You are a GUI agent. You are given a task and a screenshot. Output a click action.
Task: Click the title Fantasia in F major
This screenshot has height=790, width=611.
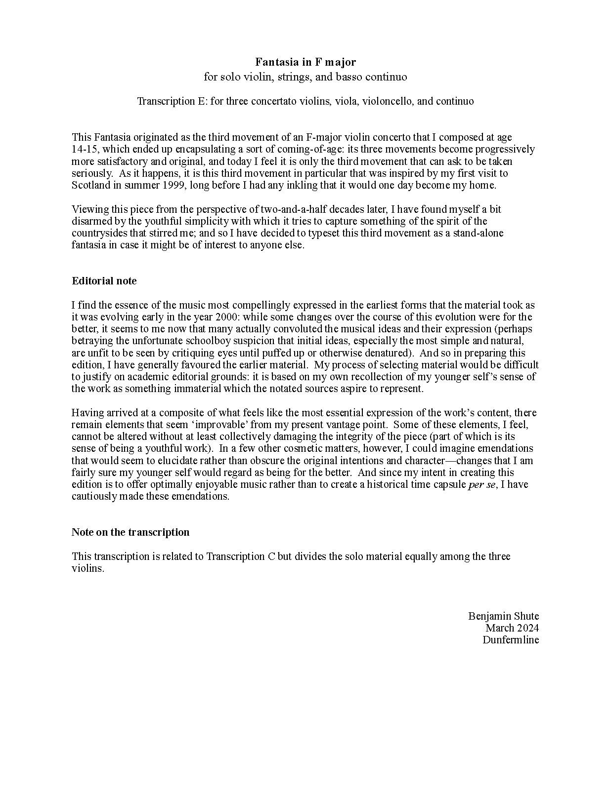[x=305, y=62]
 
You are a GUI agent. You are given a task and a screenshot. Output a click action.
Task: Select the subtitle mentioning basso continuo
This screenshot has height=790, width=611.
[x=305, y=77]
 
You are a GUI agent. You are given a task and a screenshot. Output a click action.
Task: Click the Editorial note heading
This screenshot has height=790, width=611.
[x=104, y=281]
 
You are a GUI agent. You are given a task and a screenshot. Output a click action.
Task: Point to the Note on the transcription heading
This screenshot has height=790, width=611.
[x=131, y=532]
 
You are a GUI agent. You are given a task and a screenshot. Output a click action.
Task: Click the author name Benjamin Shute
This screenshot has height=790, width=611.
[x=503, y=616]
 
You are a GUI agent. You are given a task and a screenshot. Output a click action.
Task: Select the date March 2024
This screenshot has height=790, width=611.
[x=512, y=628]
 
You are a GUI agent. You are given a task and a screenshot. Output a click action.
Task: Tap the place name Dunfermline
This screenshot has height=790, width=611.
[x=511, y=640]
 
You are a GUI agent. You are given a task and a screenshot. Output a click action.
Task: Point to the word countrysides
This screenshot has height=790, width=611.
[x=99, y=233]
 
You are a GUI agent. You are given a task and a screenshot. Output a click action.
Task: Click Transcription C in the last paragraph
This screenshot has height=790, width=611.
[x=241, y=556]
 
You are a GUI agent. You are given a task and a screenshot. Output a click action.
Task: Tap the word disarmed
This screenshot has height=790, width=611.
[x=92, y=221]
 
